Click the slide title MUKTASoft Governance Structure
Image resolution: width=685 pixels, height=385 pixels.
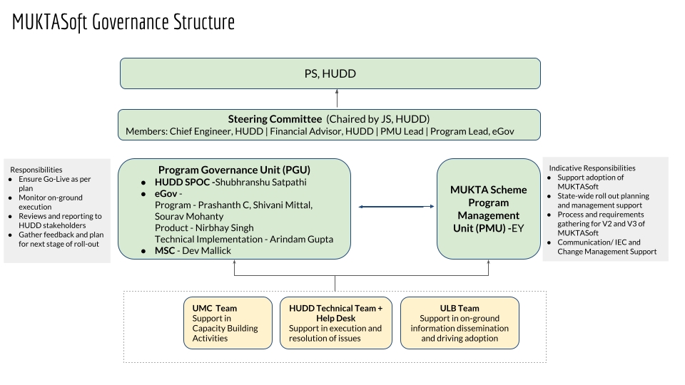coord(123,23)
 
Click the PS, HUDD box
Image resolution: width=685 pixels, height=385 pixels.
coord(330,73)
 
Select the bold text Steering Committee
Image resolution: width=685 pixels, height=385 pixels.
coord(275,118)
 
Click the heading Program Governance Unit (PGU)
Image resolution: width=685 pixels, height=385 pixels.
coord(234,170)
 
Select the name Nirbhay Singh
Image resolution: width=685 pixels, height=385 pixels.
coord(230,227)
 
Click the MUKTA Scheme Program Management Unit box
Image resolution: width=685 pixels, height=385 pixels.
coord(488,209)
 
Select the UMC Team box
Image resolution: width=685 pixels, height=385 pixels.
coord(228,323)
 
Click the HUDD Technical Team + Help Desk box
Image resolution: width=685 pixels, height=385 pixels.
coord(335,323)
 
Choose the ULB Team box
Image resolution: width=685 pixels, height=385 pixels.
coord(460,323)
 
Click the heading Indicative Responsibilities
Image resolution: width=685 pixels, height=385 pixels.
coord(592,168)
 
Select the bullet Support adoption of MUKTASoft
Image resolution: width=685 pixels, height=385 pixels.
coord(590,182)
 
